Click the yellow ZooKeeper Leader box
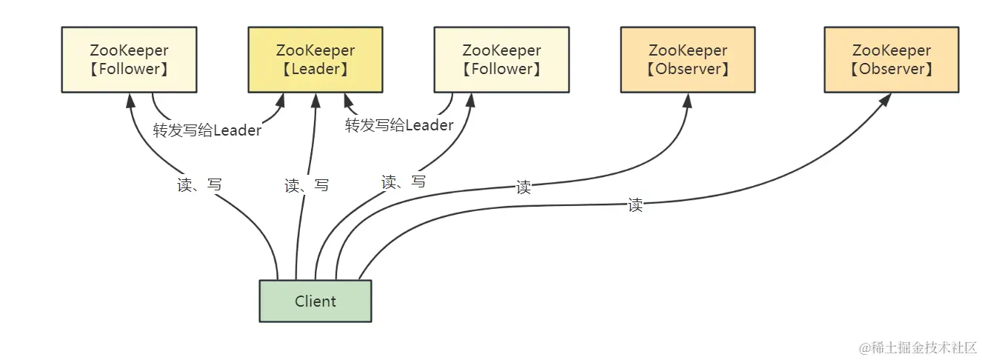(315, 60)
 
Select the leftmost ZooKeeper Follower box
(129, 60)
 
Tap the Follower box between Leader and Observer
(501, 60)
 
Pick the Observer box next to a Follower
(687, 60)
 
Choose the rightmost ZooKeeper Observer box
(891, 60)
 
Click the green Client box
(315, 301)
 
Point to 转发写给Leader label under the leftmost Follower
(207, 130)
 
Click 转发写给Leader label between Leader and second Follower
(399, 125)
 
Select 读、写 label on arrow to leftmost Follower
(199, 185)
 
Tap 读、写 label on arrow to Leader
(307, 186)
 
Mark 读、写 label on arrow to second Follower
(403, 181)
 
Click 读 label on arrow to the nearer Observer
(524, 187)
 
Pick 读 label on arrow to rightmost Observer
(635, 206)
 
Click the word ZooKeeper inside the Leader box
(315, 51)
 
